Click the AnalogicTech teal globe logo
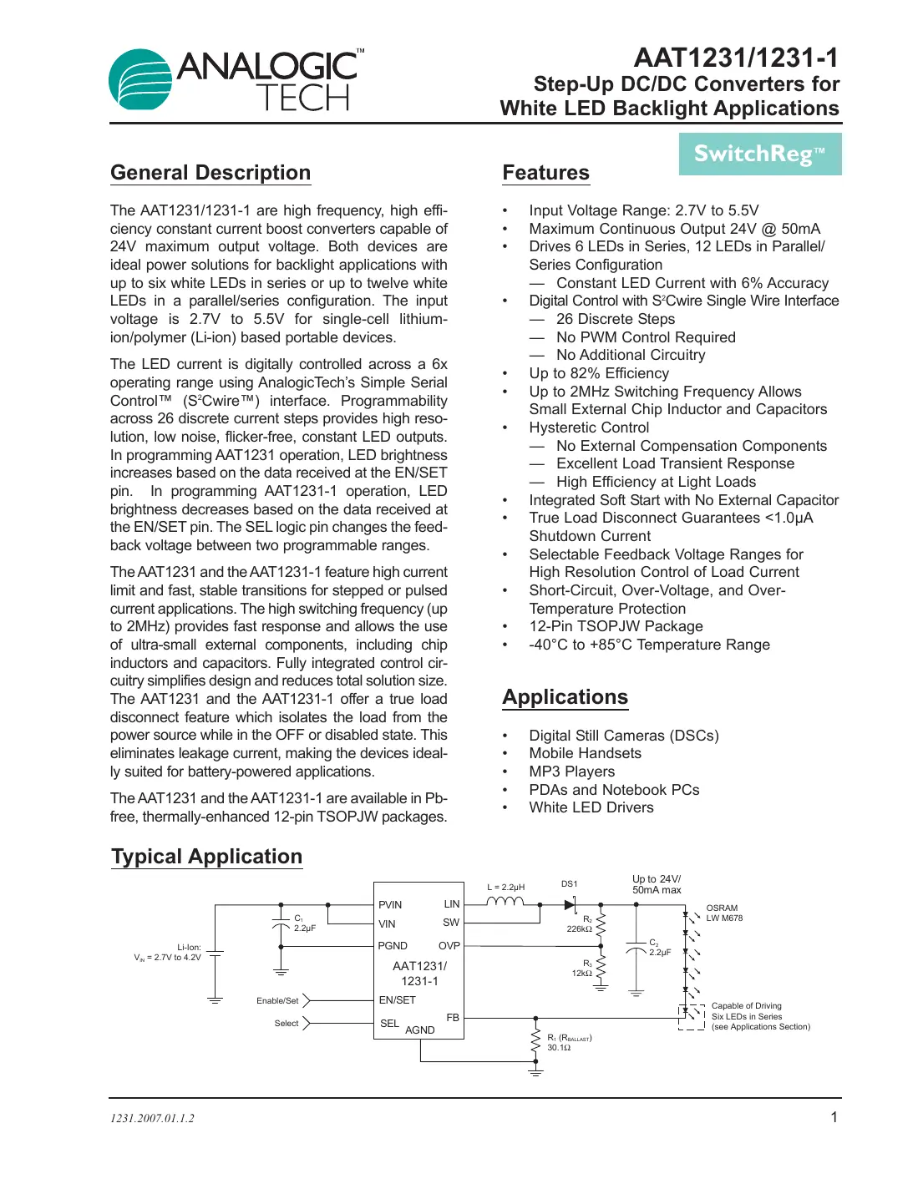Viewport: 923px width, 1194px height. click(140, 80)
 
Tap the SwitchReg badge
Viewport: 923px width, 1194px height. click(759, 154)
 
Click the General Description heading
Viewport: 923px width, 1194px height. click(210, 173)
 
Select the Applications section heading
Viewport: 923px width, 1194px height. click(565, 697)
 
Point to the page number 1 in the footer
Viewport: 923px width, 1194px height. click(833, 1117)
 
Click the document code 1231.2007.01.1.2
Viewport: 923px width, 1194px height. click(152, 1118)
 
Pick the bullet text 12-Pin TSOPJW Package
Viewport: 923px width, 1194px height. click(616, 626)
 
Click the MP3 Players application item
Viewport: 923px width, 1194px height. click(571, 772)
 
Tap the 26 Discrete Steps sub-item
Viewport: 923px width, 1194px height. click(615, 319)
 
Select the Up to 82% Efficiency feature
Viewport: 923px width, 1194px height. click(598, 373)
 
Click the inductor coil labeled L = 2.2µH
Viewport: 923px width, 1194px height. click(505, 902)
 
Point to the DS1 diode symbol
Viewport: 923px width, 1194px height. click(571, 904)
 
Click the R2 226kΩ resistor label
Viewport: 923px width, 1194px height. click(580, 924)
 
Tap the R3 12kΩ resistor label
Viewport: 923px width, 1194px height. click(582, 969)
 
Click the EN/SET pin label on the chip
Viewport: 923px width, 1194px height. click(397, 999)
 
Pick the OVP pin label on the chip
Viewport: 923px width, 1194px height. click(449, 946)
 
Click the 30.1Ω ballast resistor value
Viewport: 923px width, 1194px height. click(558, 1048)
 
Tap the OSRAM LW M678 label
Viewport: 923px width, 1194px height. click(723, 913)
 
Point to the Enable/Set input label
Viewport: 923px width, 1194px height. click(276, 1000)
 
